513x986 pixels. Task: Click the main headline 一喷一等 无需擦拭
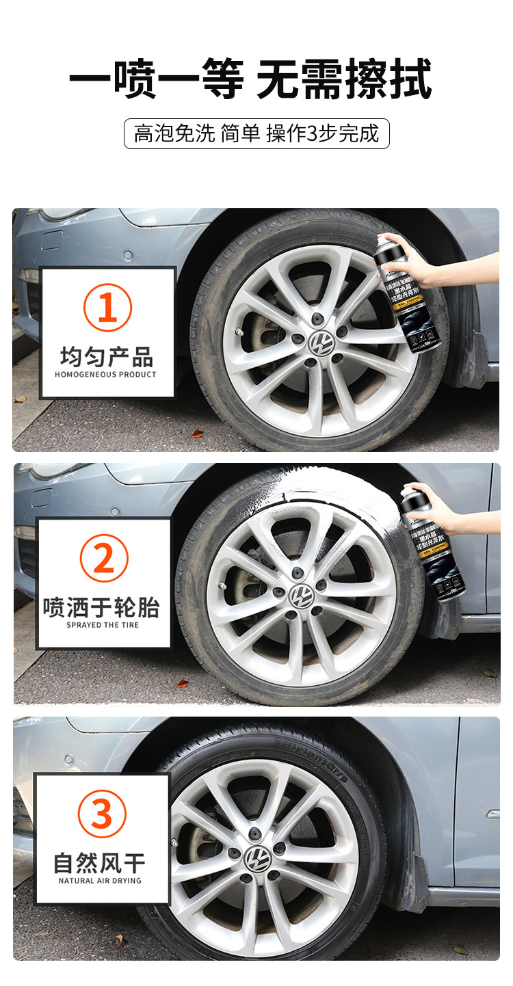click(x=250, y=80)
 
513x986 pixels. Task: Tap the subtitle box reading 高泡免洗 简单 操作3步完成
click(x=256, y=133)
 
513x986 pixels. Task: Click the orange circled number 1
click(x=107, y=308)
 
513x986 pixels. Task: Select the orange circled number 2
click(x=104, y=559)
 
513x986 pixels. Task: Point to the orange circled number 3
click(x=102, y=814)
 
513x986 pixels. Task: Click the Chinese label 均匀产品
click(x=107, y=356)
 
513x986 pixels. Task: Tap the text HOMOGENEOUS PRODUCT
click(x=106, y=375)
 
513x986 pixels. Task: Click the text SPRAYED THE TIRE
click(x=103, y=625)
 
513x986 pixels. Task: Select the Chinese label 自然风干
click(x=100, y=863)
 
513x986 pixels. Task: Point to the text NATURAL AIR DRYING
click(x=100, y=881)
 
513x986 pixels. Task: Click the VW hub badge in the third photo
click(x=259, y=857)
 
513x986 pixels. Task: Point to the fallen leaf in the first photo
click(x=197, y=433)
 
